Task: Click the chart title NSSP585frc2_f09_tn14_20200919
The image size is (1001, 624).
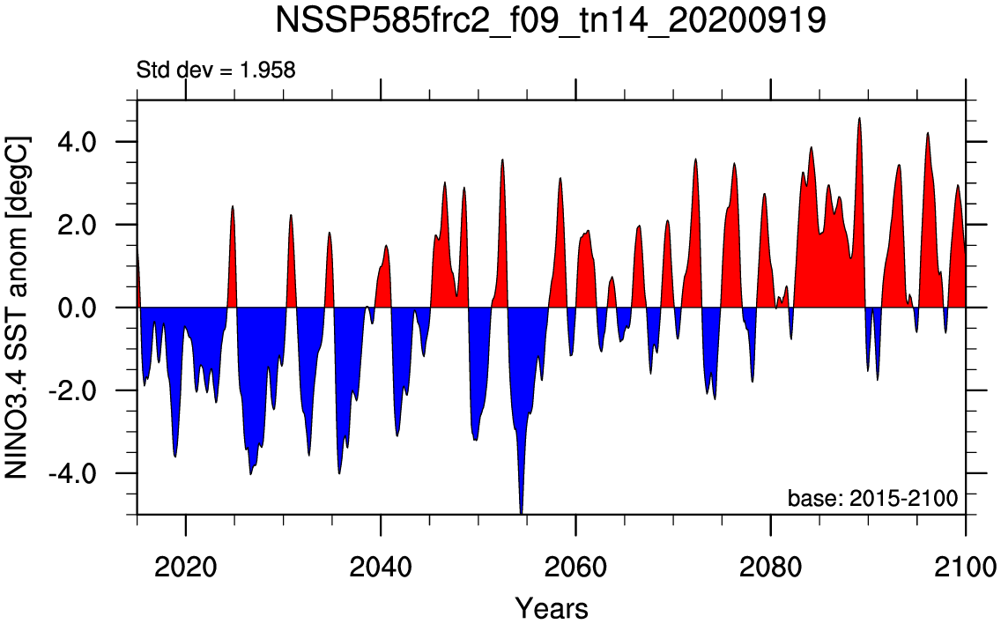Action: pyautogui.click(x=551, y=20)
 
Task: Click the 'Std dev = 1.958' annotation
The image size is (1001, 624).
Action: pyautogui.click(x=216, y=70)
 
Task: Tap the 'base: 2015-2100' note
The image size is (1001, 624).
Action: pyautogui.click(x=872, y=498)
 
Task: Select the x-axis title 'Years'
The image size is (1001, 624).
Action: pyautogui.click(x=552, y=607)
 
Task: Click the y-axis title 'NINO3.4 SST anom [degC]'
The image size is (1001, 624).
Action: pyautogui.click(x=17, y=308)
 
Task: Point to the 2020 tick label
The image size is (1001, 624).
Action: pyautogui.click(x=186, y=567)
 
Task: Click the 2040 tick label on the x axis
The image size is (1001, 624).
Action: pyautogui.click(x=381, y=567)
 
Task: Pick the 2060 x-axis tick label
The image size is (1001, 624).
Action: pyautogui.click(x=575, y=567)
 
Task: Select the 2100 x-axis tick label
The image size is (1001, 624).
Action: pyautogui.click(x=966, y=567)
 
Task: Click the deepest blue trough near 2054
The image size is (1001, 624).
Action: pyautogui.click(x=522, y=511)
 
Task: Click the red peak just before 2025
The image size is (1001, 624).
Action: pyautogui.click(x=233, y=207)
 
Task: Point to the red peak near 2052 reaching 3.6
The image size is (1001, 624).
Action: pyautogui.click(x=502, y=160)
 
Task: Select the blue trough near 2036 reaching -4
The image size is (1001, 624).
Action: pyautogui.click(x=339, y=472)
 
